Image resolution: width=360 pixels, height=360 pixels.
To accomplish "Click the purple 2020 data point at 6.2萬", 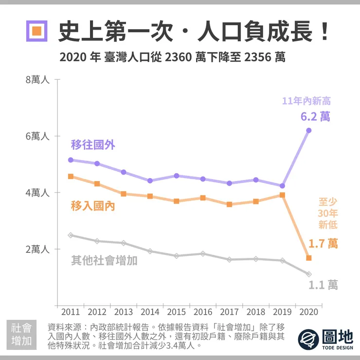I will point(309,130).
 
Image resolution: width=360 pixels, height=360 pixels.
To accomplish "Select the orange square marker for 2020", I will point(309,258).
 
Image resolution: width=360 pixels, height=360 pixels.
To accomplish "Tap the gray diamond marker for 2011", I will point(71,235).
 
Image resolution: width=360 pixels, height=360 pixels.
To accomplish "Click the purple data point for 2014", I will point(150,180).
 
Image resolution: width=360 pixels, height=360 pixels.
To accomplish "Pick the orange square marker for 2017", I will point(230,204).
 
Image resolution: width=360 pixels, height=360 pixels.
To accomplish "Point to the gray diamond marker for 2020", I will point(309,274).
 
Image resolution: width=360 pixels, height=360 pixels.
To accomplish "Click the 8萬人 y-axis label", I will point(37,79).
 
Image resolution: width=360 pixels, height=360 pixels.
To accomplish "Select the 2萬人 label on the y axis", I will point(37,249).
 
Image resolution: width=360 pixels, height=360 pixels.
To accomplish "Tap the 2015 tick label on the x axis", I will point(176,311).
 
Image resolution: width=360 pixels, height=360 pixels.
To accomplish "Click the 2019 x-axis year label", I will point(282,311).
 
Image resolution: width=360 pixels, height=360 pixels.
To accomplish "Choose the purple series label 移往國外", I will point(93,144).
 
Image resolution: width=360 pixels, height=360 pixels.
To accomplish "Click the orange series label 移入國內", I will point(93,206).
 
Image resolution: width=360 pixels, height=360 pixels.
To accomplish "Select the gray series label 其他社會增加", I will point(104,261).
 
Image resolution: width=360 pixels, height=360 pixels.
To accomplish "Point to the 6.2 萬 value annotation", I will point(315,117).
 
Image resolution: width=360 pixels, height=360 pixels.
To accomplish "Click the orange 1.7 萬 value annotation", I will point(323,243).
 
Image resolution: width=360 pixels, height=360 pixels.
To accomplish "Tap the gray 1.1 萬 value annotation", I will point(323,285).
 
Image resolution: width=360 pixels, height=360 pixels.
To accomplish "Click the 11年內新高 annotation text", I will point(306,101).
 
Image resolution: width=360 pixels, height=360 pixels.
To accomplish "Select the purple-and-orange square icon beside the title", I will point(37,32).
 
